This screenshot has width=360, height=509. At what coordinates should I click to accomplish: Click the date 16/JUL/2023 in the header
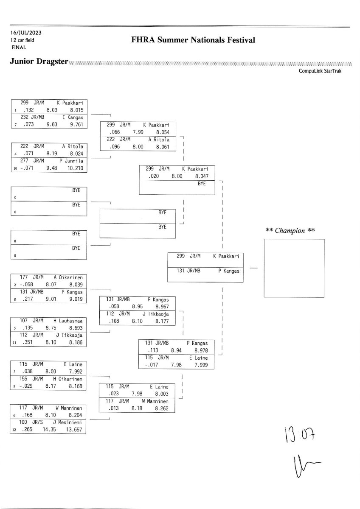click(x=26, y=33)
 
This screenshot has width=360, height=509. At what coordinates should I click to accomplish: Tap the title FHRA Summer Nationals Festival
click(x=193, y=40)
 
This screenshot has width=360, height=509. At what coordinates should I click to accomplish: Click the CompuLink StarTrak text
click(x=320, y=71)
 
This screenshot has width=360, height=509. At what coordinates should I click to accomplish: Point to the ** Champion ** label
click(x=290, y=231)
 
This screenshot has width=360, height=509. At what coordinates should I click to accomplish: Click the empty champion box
click(x=294, y=268)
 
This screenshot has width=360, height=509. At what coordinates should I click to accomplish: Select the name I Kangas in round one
click(x=73, y=117)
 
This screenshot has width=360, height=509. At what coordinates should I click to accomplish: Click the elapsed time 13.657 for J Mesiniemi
click(x=76, y=430)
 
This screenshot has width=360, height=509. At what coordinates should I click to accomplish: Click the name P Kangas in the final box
click(x=228, y=271)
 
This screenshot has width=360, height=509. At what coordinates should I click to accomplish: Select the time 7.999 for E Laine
click(x=199, y=365)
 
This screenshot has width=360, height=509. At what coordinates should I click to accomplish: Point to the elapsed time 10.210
click(x=76, y=168)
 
